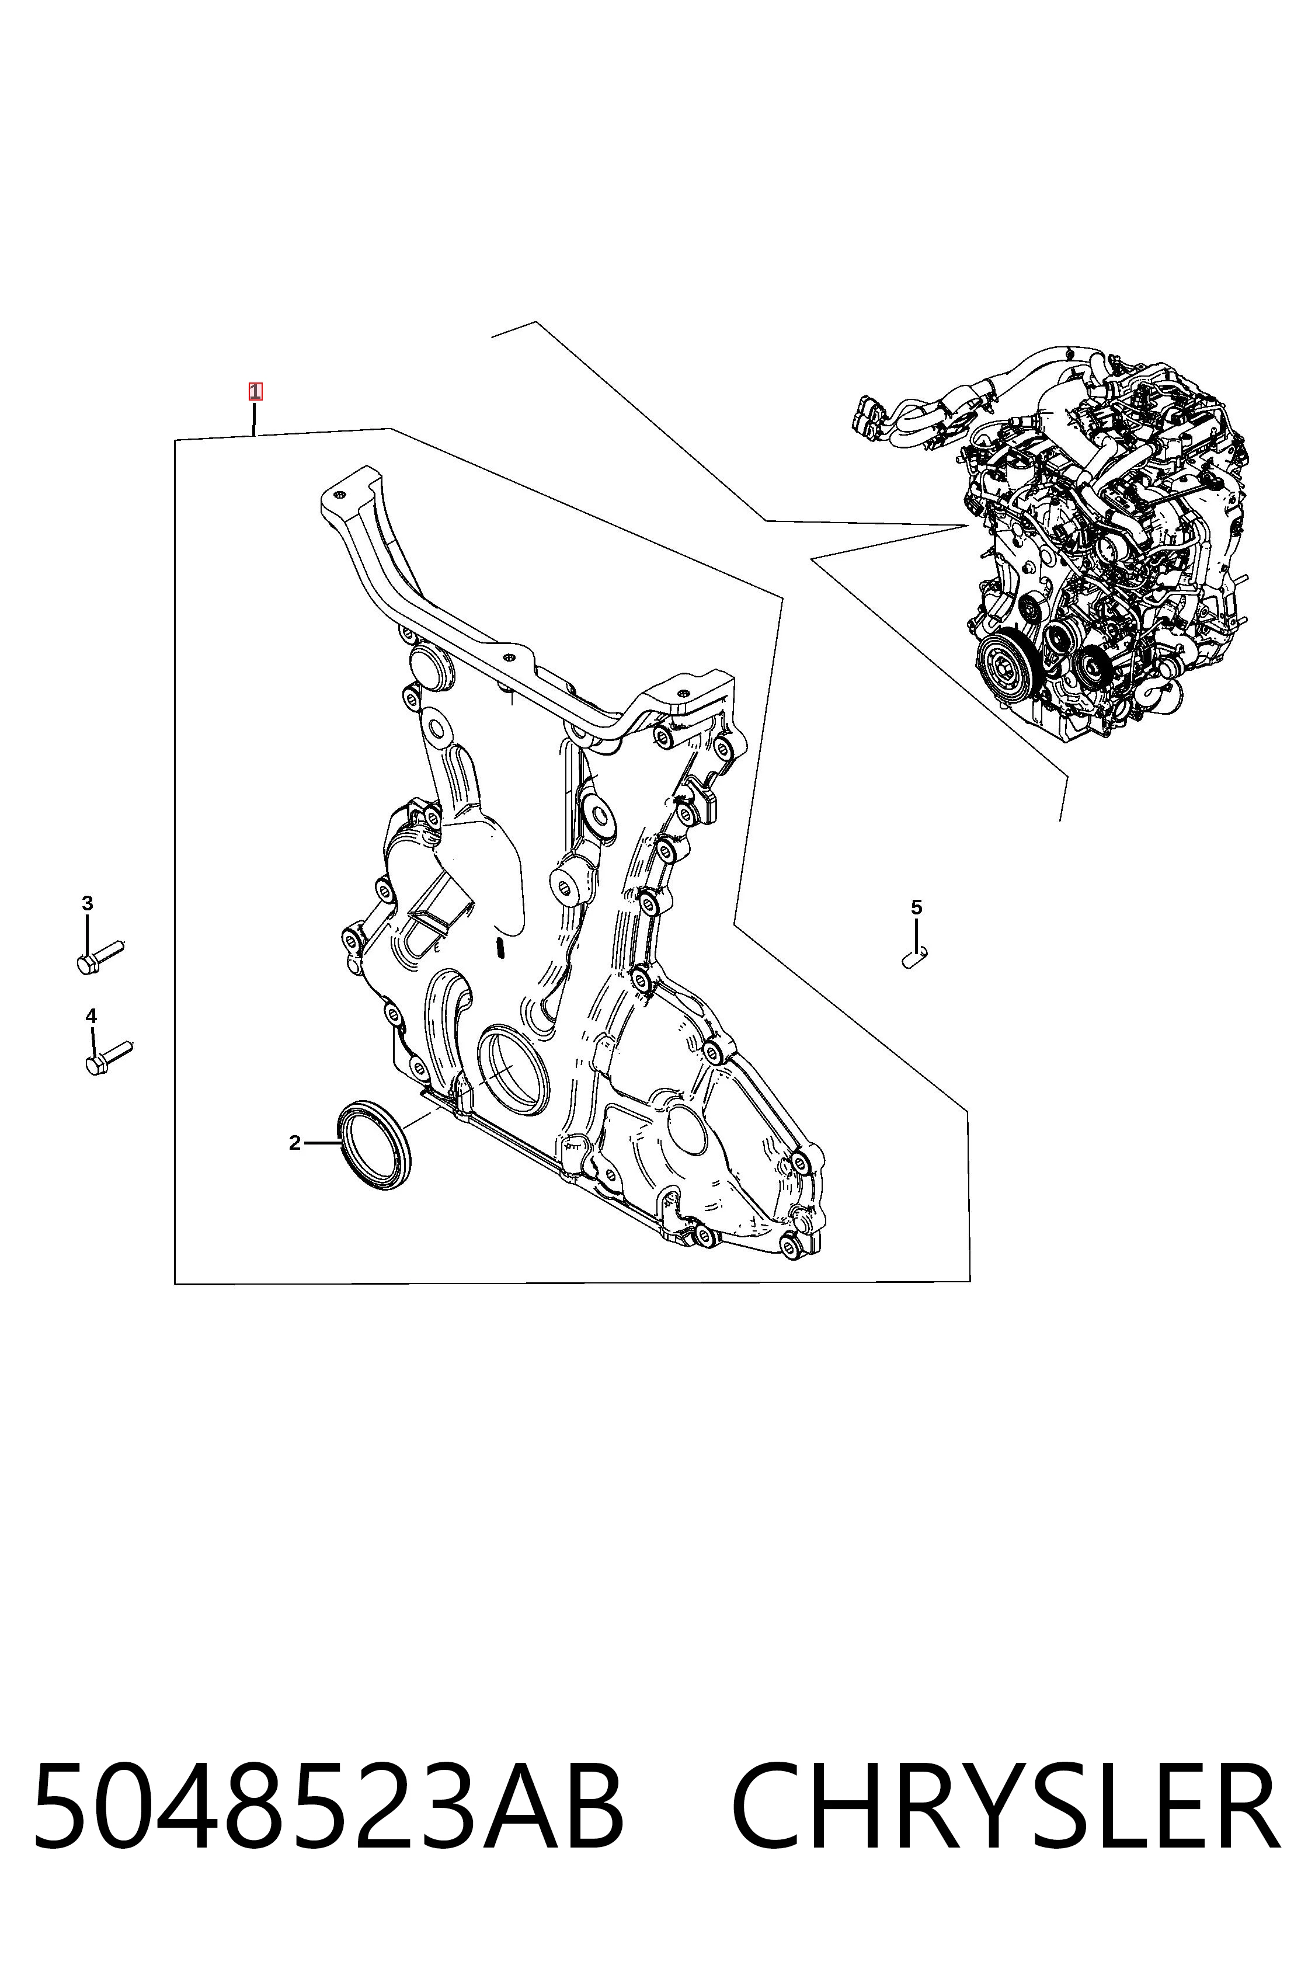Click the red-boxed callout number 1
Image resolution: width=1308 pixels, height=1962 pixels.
pyautogui.click(x=255, y=391)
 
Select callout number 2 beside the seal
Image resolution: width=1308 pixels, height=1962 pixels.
pyautogui.click(x=294, y=1143)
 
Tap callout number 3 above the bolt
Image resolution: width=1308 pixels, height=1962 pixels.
pyautogui.click(x=87, y=903)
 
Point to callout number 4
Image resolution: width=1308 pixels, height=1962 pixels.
pyautogui.click(x=91, y=1016)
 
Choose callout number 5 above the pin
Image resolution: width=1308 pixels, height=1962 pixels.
pyautogui.click(x=916, y=907)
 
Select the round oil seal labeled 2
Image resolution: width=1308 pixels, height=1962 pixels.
pyautogui.click(x=374, y=1144)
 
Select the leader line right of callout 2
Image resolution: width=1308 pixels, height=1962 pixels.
pyautogui.click(x=321, y=1143)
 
